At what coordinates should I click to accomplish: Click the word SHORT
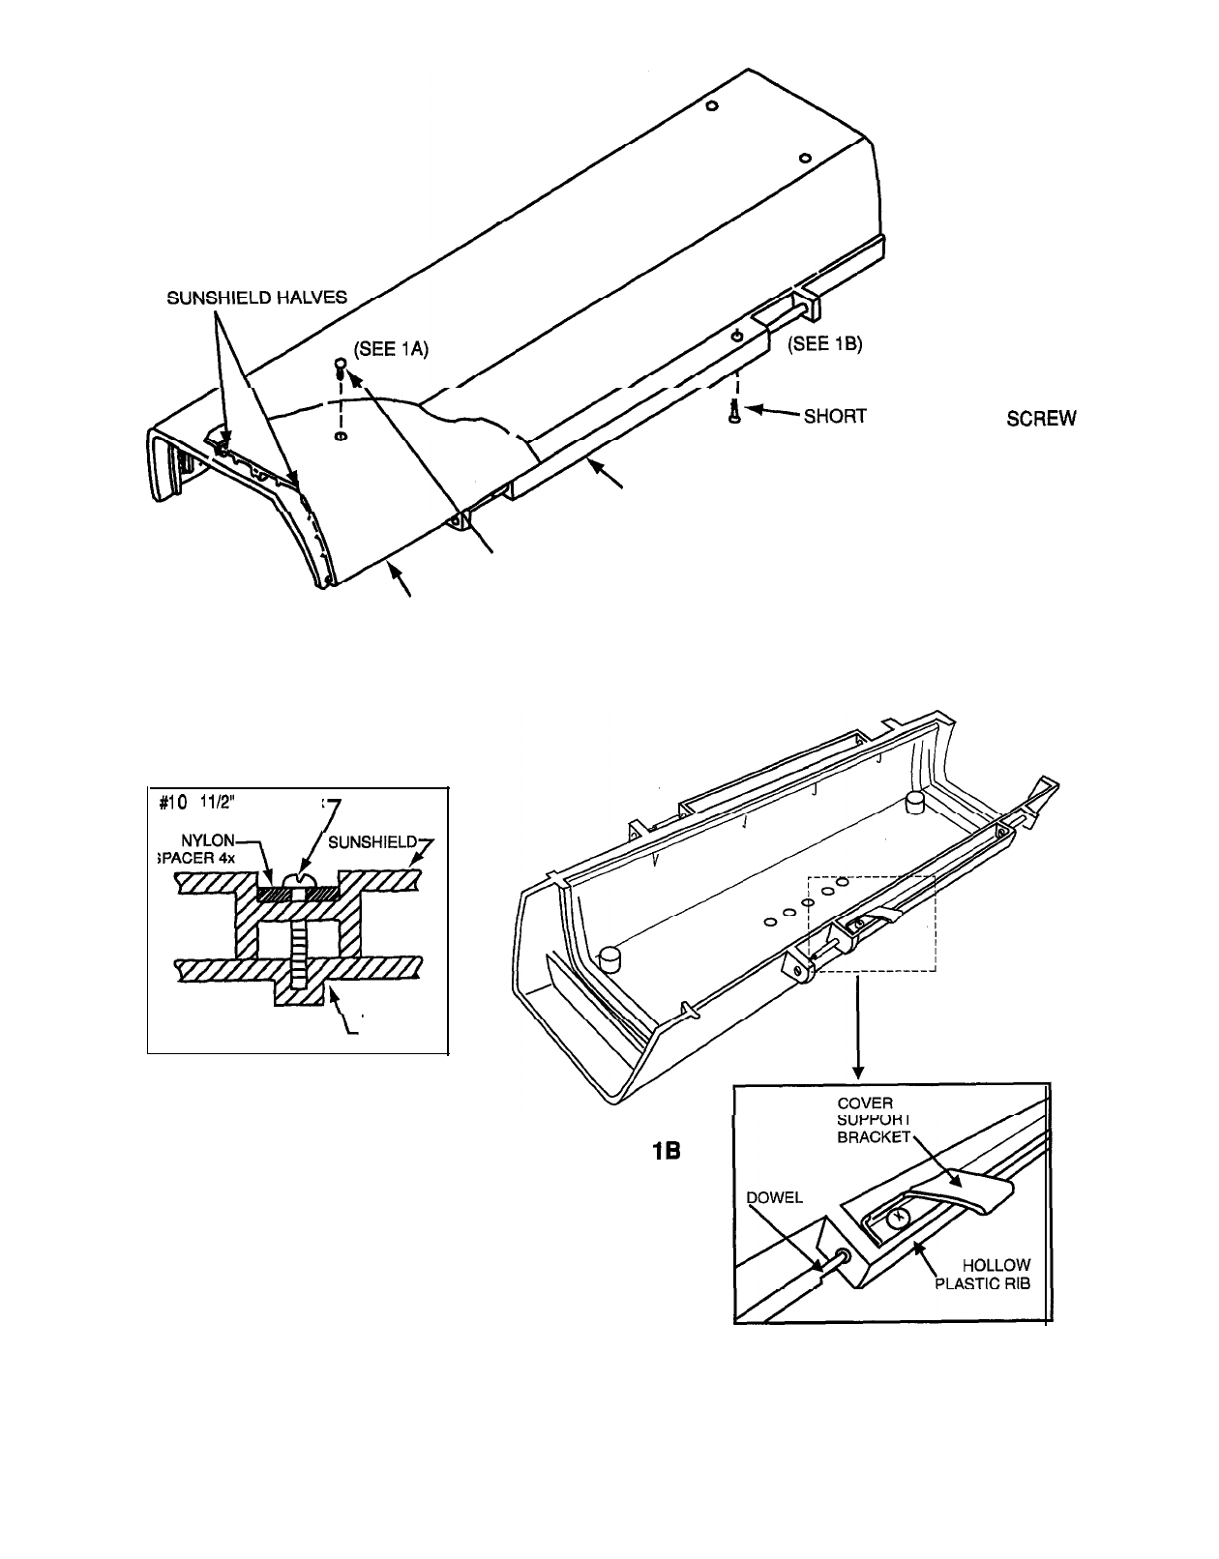pyautogui.click(x=834, y=417)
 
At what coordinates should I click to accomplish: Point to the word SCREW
pyautogui.click(x=1041, y=418)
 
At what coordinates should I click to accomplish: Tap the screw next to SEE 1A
pyautogui.click(x=340, y=365)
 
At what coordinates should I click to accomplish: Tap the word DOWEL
pyautogui.click(x=776, y=1197)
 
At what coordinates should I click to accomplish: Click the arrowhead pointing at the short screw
pyautogui.click(x=753, y=411)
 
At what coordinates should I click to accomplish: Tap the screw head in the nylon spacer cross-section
pyautogui.click(x=298, y=882)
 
